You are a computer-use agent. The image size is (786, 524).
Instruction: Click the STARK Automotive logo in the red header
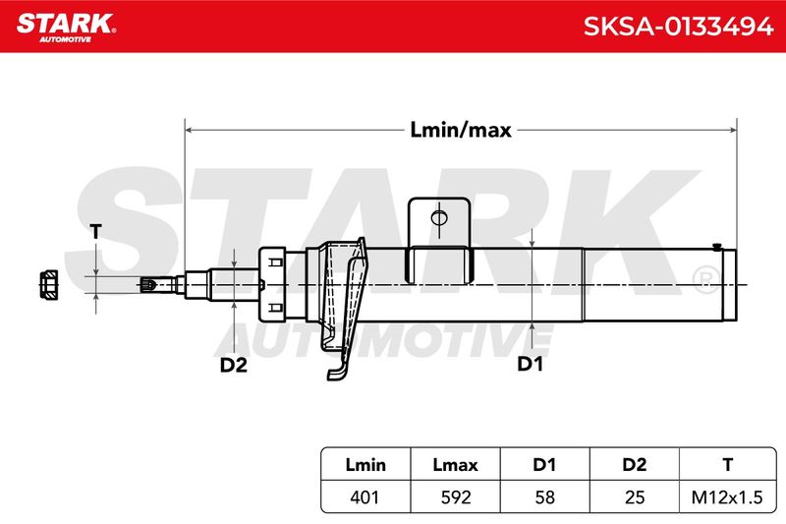[x=66, y=28]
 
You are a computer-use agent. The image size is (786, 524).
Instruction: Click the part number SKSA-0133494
[x=678, y=27]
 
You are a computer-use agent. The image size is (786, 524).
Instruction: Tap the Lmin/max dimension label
[x=461, y=130]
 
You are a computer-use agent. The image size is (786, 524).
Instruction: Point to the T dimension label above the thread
[x=95, y=232]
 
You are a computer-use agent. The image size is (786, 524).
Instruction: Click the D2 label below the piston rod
[x=234, y=365]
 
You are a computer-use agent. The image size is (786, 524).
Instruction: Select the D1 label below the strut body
[x=530, y=364]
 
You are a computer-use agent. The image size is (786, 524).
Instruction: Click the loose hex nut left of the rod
[x=48, y=285]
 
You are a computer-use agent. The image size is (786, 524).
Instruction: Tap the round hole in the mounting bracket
[x=439, y=218]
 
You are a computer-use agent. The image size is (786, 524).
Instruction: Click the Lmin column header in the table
[x=365, y=464]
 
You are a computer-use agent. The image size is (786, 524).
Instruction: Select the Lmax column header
[x=455, y=464]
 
